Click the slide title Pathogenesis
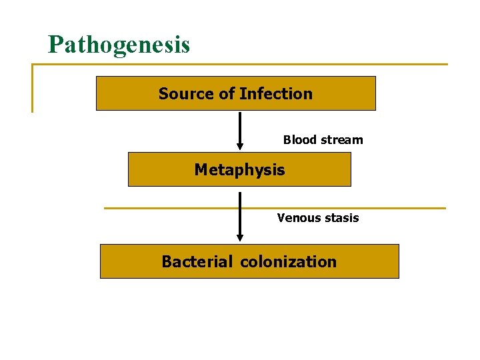pos(119,45)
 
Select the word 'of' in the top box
pos(227,94)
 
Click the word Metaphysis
pos(239,170)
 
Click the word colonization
pos(288,262)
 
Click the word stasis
pos(341,218)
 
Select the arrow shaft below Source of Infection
pos(240,127)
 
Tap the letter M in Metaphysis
pos(201,170)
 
